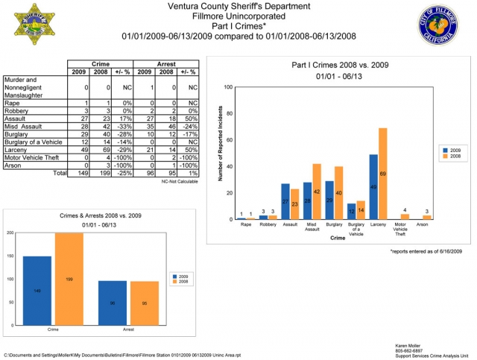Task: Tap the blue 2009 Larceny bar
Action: tap(373, 186)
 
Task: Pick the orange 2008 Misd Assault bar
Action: tap(316, 191)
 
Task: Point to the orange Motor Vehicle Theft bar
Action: tap(405, 216)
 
